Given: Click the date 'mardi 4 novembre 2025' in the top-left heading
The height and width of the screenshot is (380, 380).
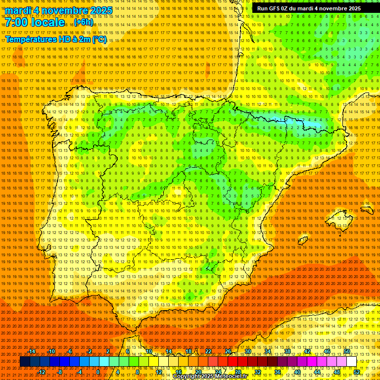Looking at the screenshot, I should [x=59, y=10].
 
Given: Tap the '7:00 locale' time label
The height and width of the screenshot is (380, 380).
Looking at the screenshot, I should [x=35, y=22].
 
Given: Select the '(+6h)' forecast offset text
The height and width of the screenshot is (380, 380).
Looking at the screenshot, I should [x=83, y=22].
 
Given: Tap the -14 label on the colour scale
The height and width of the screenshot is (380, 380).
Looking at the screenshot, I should [x=32, y=351].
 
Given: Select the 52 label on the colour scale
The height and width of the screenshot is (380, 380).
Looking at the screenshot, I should [x=357, y=372].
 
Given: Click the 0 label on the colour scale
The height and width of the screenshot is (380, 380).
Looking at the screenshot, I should [x=98, y=372].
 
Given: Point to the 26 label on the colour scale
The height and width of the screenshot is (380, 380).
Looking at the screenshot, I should [x=228, y=351].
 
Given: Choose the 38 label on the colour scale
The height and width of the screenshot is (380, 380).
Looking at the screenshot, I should [x=287, y=351].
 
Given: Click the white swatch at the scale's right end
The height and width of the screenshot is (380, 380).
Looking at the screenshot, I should [x=351, y=362].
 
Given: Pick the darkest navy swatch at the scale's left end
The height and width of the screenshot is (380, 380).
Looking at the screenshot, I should [x=25, y=362].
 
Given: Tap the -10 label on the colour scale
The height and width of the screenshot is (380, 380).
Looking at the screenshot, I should [x=51, y=351].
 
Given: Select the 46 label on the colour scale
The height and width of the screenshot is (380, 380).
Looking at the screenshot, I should [x=327, y=351].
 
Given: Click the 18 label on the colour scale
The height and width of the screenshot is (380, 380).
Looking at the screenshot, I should [x=189, y=351].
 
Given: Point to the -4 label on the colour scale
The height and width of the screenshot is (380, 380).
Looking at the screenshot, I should [x=79, y=372].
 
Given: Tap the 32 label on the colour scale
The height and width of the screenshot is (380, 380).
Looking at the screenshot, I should [x=257, y=372].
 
